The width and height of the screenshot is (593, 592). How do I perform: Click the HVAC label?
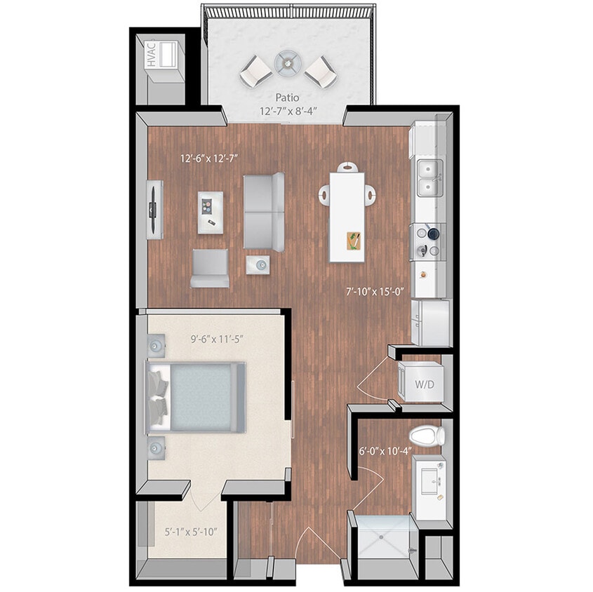click(151, 55)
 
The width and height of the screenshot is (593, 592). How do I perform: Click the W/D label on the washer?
click(423, 384)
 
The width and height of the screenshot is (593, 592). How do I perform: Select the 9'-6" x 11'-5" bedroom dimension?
click(217, 339)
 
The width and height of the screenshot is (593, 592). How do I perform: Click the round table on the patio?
click(287, 63)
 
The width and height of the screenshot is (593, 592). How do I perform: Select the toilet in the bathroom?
click(427, 436)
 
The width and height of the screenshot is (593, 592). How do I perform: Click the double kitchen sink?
click(429, 178)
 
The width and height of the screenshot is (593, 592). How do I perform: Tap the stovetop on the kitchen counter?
click(429, 240)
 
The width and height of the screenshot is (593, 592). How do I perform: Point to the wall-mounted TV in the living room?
click(154, 209)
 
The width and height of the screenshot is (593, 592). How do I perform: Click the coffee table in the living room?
click(210, 211)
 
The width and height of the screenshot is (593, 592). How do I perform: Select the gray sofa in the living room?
click(264, 211)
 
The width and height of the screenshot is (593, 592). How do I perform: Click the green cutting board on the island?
click(354, 241)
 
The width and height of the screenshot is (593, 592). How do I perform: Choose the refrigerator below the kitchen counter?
click(429, 322)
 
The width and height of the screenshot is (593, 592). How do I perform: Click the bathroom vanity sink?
click(431, 478)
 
